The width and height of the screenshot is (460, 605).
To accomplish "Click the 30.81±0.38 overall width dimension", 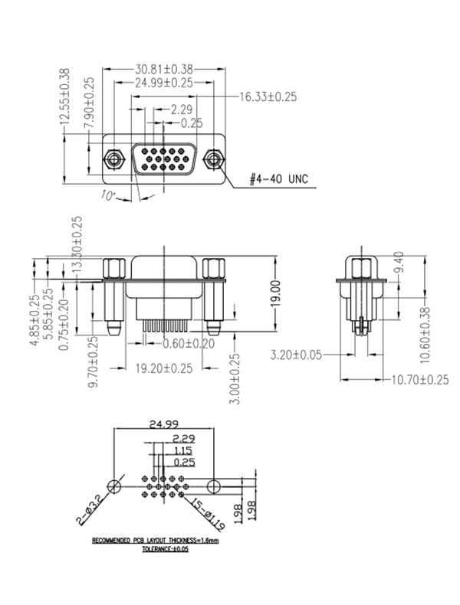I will [165, 68].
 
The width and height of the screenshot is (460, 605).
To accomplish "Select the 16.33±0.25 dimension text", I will [268, 96].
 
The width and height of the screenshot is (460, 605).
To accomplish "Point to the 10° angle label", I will [107, 196].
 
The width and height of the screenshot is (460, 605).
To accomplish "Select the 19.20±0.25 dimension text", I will [164, 368].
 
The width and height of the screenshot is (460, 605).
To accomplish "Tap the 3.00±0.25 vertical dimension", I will [235, 377].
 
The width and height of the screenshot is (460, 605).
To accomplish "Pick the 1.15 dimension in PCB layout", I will [182, 451].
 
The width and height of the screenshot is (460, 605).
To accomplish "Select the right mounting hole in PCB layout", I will [216, 486].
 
